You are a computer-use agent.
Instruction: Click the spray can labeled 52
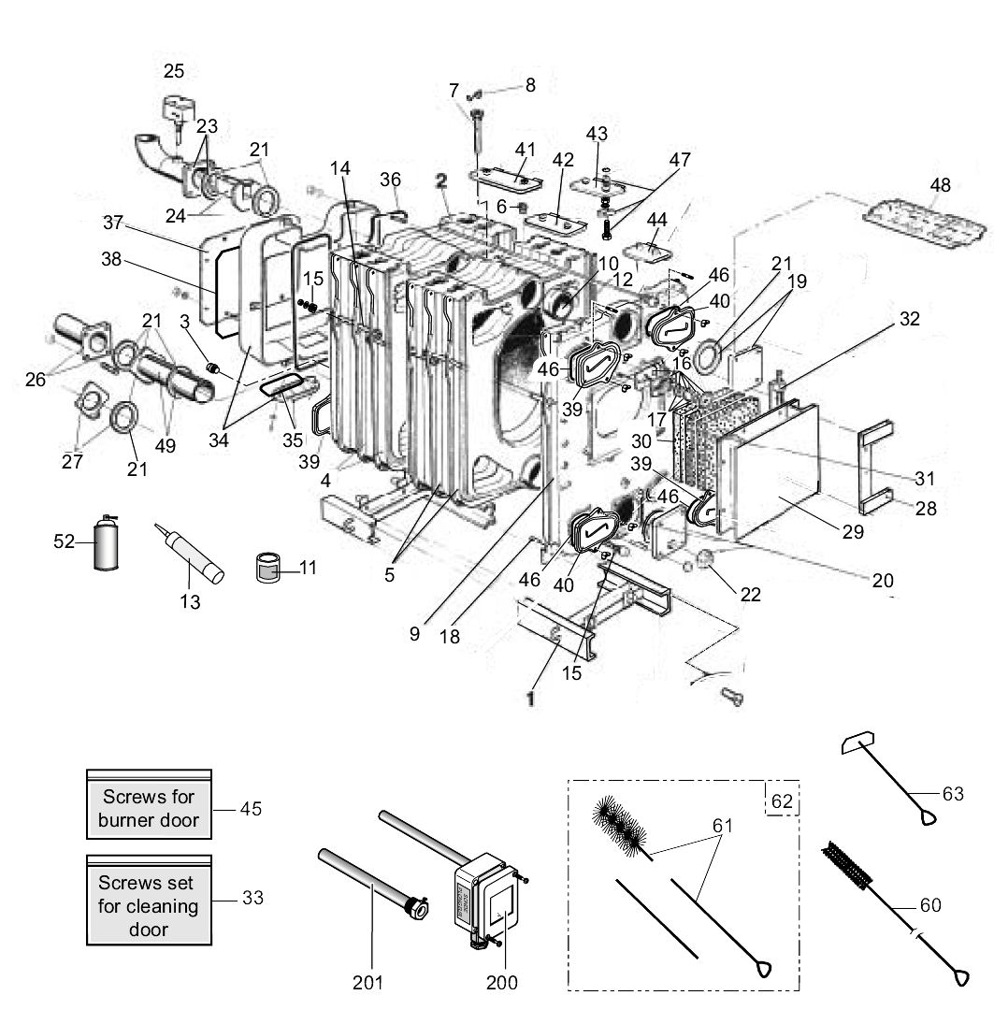(109, 544)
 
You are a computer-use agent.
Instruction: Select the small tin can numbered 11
(269, 567)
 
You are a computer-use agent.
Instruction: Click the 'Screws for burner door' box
(150, 808)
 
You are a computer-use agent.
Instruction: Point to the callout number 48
(940, 185)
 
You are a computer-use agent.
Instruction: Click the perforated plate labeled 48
(925, 222)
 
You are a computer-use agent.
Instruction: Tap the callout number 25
(174, 71)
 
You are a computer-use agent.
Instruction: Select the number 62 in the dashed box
(781, 800)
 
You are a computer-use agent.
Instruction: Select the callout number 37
(113, 223)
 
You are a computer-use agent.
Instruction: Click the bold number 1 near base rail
(530, 698)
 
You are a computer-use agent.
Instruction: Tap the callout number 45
(251, 808)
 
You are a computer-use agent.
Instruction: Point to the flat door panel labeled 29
(776, 472)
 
